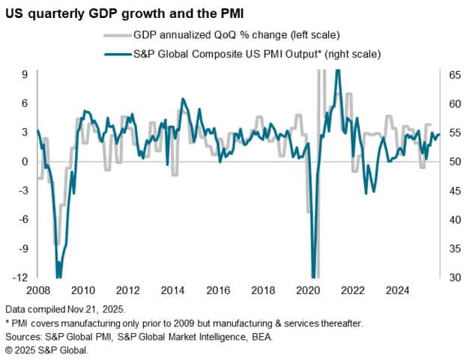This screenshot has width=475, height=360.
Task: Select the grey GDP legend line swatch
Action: [x=114, y=34]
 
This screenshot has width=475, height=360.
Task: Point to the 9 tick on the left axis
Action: [x=25, y=75]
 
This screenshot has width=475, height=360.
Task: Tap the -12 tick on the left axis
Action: [x=22, y=277]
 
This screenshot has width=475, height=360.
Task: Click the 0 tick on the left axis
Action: [x=25, y=162]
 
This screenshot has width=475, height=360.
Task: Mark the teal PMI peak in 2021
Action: [x=338, y=70]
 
